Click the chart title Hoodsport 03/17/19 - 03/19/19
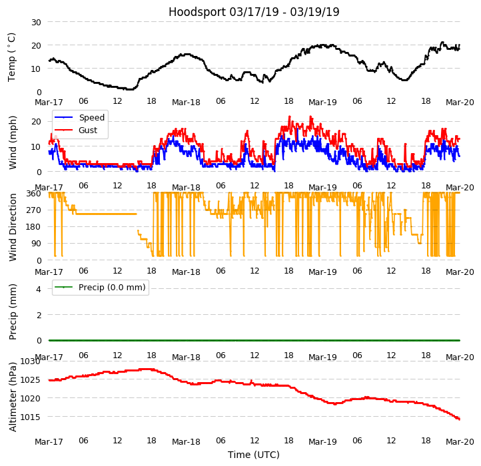coord(254,12)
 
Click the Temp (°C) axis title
coord(12,57)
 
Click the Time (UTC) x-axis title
coord(254,455)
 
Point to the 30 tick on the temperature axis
coord(35,22)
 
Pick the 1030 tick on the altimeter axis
coord(31,361)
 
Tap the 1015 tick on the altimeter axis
coord(31,417)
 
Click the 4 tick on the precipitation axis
coord(39,289)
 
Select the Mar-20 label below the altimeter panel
coord(460,442)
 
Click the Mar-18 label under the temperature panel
coord(186,103)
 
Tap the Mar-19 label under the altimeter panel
coord(322,442)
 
